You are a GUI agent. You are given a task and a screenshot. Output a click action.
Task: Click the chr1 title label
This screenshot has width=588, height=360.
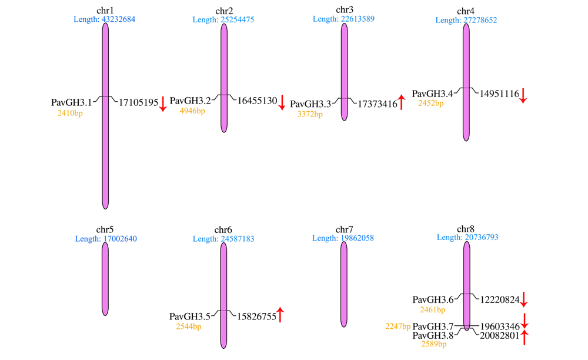pyautogui.click(x=105, y=11)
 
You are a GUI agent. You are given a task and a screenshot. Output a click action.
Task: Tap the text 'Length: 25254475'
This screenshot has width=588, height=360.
pyautogui.click(x=223, y=19)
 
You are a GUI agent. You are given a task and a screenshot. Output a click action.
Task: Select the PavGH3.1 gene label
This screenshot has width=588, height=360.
pyautogui.click(x=71, y=102)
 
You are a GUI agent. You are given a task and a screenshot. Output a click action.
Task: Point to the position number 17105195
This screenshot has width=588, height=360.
pyautogui.click(x=138, y=102)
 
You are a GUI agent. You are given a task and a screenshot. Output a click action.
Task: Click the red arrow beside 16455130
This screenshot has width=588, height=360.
pyautogui.click(x=282, y=102)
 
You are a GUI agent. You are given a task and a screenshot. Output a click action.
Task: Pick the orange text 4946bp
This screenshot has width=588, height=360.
pyautogui.click(x=192, y=111)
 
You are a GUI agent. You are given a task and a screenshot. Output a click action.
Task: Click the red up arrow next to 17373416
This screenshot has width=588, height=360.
pyautogui.click(x=401, y=102)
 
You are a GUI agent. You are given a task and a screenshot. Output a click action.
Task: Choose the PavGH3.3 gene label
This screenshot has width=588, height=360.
pyautogui.click(x=310, y=104)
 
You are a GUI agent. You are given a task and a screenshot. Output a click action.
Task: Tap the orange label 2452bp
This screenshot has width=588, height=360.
pyautogui.click(x=431, y=103)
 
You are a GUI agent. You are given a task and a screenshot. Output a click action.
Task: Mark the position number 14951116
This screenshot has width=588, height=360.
pyautogui.click(x=499, y=94)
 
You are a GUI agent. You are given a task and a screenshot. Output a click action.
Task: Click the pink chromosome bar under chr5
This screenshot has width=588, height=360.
pyautogui.click(x=105, y=279)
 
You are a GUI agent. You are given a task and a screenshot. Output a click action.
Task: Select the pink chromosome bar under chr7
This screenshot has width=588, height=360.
pyautogui.click(x=344, y=284)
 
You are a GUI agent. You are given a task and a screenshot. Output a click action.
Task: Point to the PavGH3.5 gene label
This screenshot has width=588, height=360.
pyautogui.click(x=190, y=316)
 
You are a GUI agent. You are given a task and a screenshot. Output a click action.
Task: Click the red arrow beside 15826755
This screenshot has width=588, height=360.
pyautogui.click(x=280, y=315)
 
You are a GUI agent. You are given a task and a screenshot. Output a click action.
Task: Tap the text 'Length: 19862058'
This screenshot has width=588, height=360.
pyautogui.click(x=343, y=238)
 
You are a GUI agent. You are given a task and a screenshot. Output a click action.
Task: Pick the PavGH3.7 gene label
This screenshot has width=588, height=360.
pyautogui.click(x=433, y=326)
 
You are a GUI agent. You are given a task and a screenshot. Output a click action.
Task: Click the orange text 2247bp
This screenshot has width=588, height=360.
pyautogui.click(x=398, y=326)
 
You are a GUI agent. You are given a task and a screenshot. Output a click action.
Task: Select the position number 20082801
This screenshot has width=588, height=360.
pyautogui.click(x=500, y=335)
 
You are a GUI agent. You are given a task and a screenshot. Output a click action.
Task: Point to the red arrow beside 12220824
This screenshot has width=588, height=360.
pyautogui.click(x=524, y=299)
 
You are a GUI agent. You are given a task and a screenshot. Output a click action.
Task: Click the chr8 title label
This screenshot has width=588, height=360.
pyautogui.click(x=465, y=229)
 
